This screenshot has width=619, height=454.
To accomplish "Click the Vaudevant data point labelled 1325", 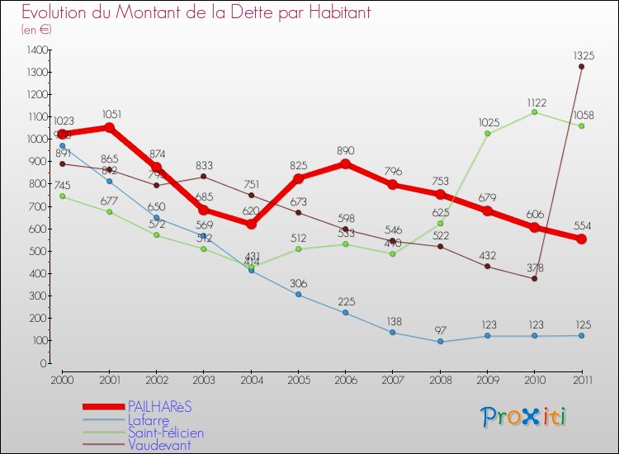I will pyautogui.click(x=581, y=67).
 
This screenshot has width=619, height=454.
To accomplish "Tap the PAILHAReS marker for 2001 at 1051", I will pyautogui.click(x=109, y=128).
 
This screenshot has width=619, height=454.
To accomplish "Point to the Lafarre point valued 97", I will pyautogui.click(x=440, y=342).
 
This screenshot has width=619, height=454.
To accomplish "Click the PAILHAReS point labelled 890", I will pyautogui.click(x=345, y=163).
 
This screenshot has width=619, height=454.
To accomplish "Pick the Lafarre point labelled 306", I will pyautogui.click(x=298, y=295).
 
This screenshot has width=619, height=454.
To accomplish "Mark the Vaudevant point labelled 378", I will pyautogui.click(x=534, y=278).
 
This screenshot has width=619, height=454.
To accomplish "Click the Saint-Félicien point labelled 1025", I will pyautogui.click(x=487, y=134).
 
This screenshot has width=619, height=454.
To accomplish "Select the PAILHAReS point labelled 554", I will pyautogui.click(x=581, y=239).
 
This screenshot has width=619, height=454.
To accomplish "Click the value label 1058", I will pyautogui.click(x=581, y=114).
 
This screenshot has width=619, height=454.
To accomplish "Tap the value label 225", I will pyautogui.click(x=345, y=300).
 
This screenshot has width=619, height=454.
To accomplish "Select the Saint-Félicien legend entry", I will pyautogui.click(x=165, y=433).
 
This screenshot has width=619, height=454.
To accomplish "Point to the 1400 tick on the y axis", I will pyautogui.click(x=36, y=50).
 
